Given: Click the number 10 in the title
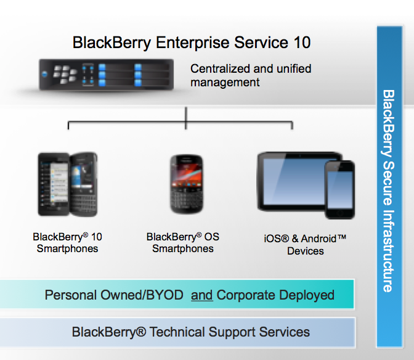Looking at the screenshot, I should pos(300,43).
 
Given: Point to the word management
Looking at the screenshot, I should pos(225,82).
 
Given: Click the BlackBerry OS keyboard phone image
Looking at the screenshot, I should pos(186,183).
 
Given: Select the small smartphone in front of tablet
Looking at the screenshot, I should pos(339,189).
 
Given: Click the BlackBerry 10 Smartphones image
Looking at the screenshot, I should pos(67,183).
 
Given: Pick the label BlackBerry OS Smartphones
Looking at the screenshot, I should pos(183,242).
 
